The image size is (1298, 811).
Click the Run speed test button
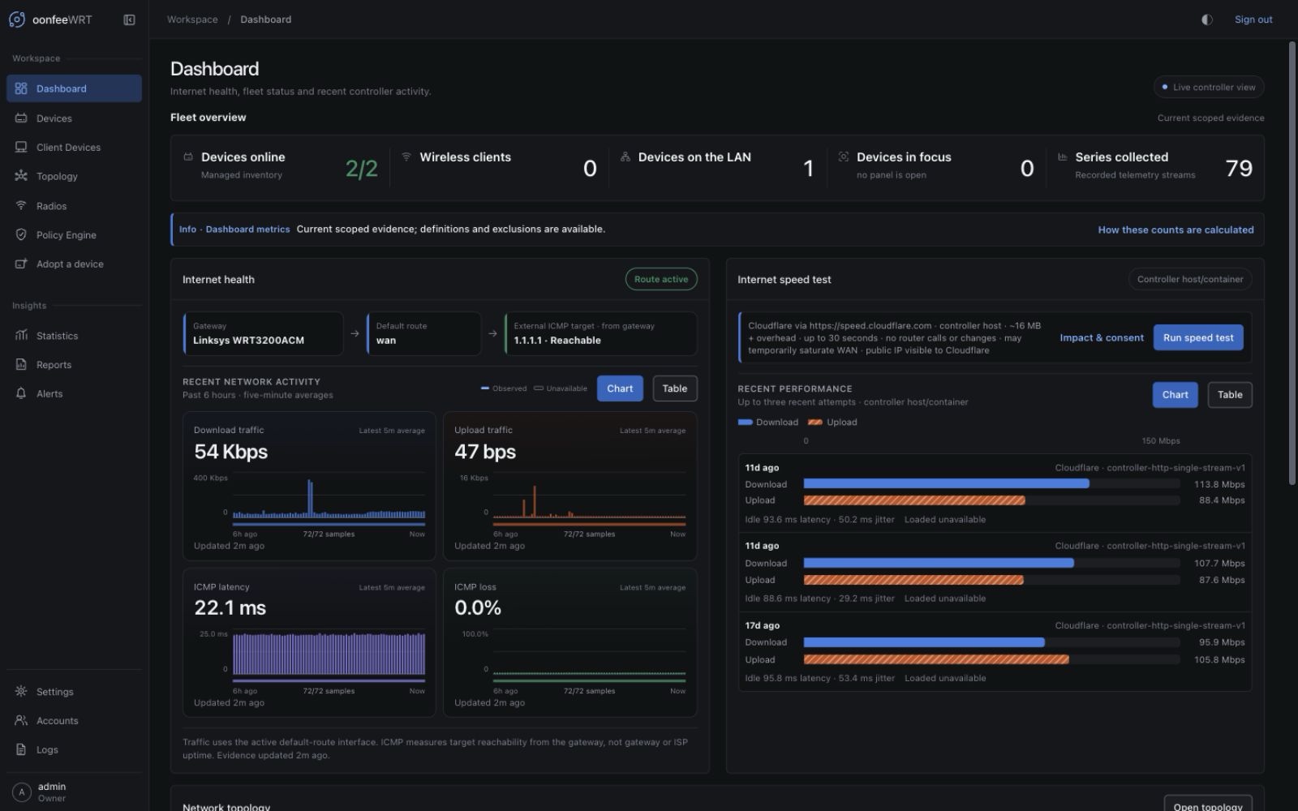click(1197, 337)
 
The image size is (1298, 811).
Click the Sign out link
click(1253, 19)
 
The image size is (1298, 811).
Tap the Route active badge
click(661, 279)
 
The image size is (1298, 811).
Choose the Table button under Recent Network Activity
click(674, 388)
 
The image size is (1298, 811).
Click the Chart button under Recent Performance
click(1175, 394)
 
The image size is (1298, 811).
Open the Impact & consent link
click(1102, 337)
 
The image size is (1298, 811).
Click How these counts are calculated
click(1176, 230)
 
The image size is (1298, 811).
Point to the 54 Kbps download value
click(230, 451)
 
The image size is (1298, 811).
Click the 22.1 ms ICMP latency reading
click(230, 607)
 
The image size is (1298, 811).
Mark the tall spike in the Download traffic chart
click(310, 498)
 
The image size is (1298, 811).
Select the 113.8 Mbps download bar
click(946, 483)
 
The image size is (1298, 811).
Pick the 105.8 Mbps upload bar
click(936, 659)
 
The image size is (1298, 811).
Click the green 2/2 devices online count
click(362, 169)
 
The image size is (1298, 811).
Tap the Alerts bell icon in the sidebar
click(21, 393)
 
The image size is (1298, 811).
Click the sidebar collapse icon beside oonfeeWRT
click(129, 19)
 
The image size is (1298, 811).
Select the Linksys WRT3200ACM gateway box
click(263, 333)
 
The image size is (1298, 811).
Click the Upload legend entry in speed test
click(832, 423)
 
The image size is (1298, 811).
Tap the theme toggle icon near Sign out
click(1207, 19)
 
